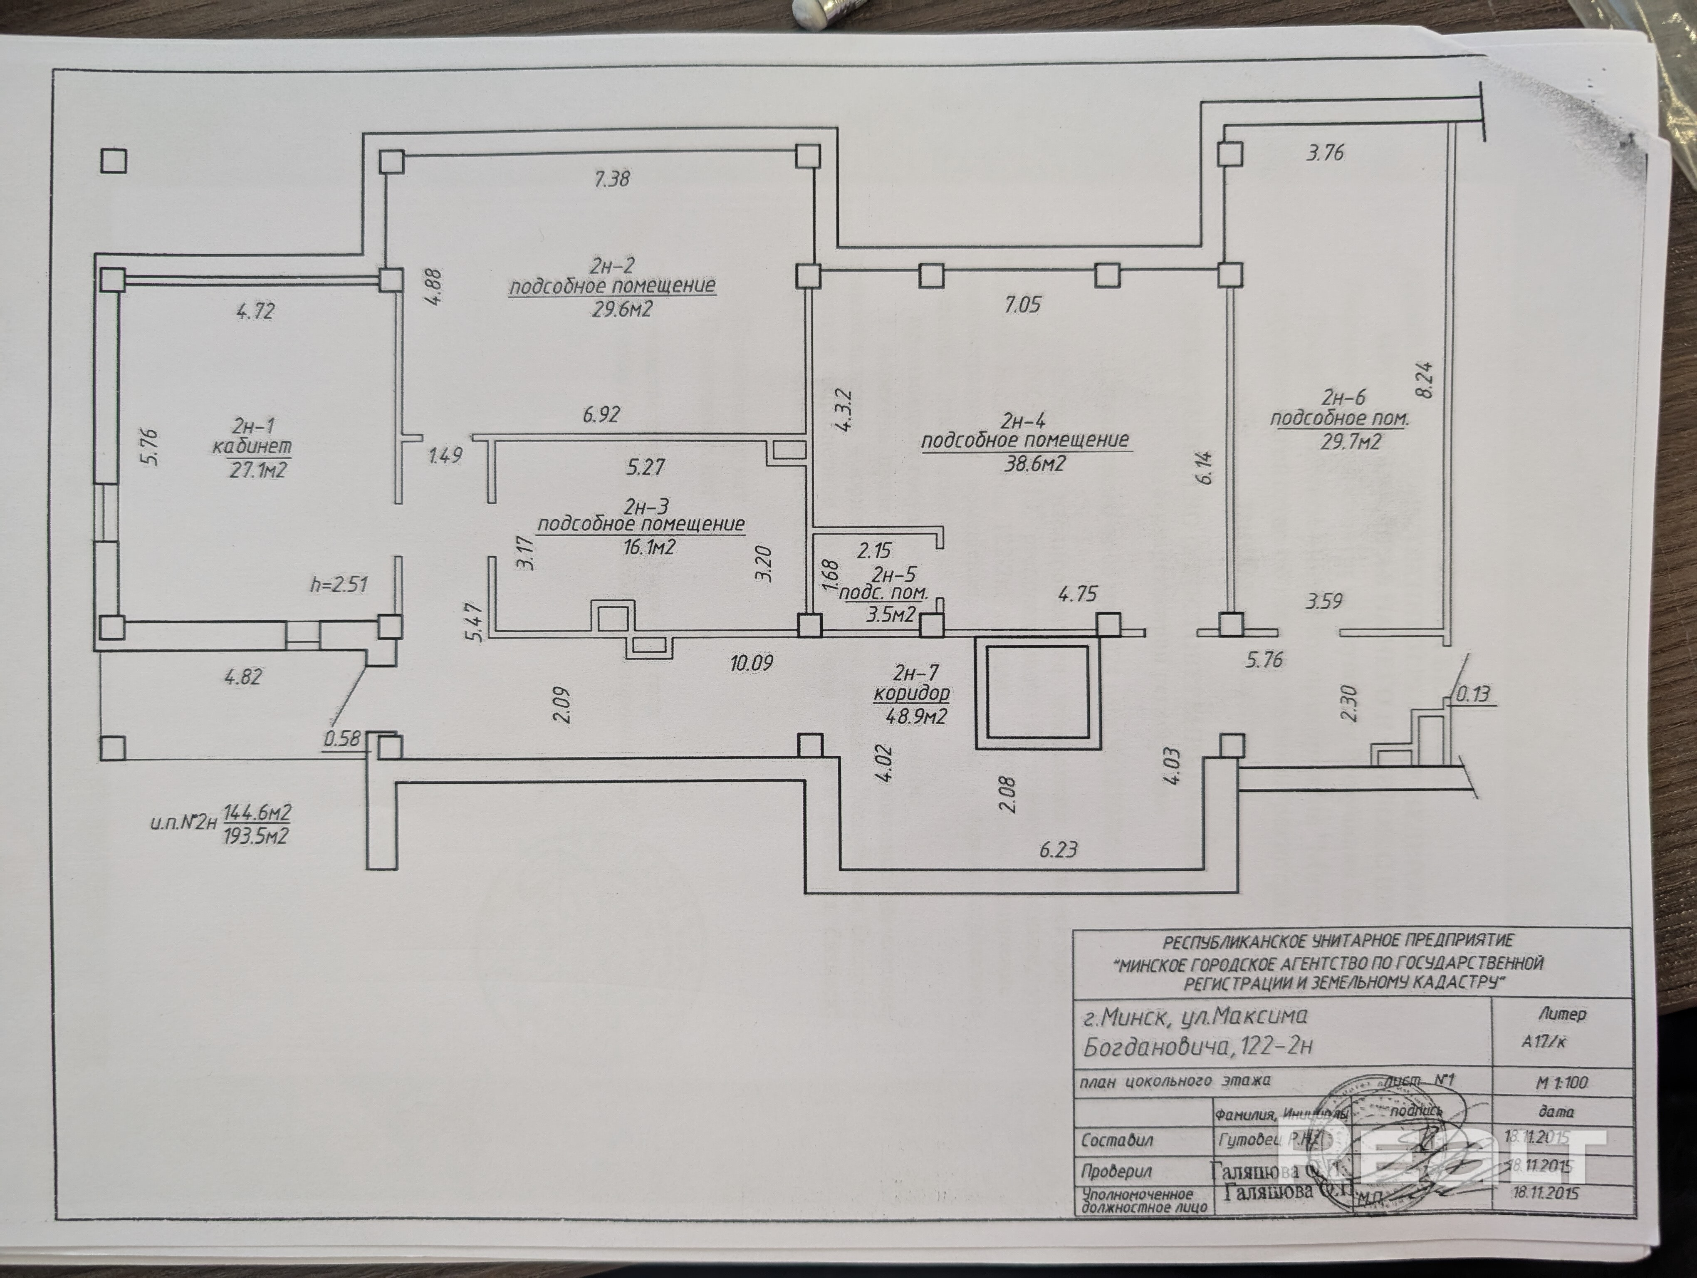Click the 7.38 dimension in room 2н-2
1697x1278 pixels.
point(611,179)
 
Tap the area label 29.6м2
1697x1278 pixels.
point(621,309)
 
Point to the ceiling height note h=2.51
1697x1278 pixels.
point(338,585)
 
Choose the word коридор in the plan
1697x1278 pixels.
point(911,693)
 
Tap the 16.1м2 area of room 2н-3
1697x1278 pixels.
point(649,547)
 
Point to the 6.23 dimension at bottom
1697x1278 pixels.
point(1059,849)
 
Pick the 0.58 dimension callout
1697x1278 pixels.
point(342,739)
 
